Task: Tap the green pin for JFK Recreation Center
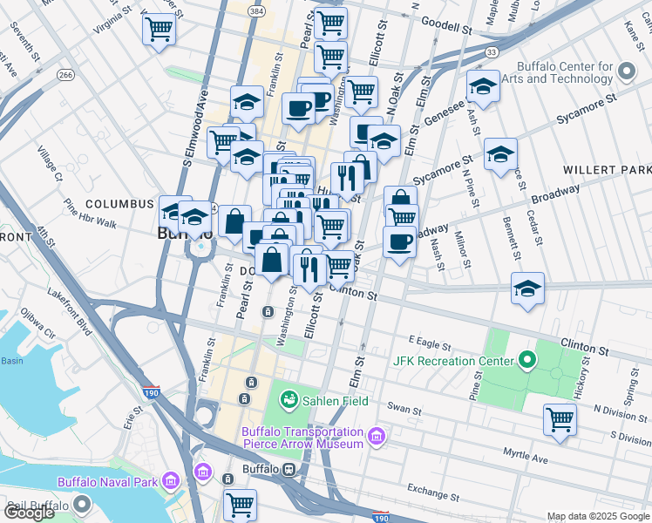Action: click(526, 360)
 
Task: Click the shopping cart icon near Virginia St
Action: click(160, 29)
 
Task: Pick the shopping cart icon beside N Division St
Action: click(560, 419)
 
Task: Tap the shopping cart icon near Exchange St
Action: click(240, 504)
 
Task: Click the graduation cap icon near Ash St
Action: click(482, 86)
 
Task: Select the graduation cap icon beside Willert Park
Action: click(500, 155)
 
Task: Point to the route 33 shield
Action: click(492, 53)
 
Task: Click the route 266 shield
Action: click(66, 76)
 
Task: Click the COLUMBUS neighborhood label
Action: click(119, 203)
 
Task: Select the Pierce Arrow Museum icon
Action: click(377, 435)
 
